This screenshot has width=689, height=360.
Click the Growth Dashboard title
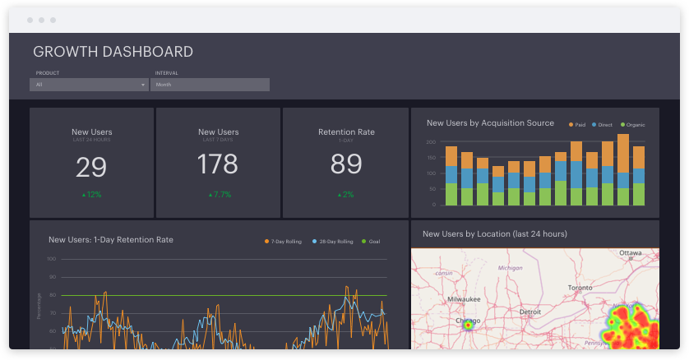click(x=113, y=52)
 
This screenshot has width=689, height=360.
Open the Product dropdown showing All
click(x=89, y=85)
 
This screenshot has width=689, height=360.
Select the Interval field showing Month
click(x=210, y=85)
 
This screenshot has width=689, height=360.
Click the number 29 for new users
click(x=91, y=167)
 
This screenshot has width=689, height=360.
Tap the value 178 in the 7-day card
click(x=218, y=165)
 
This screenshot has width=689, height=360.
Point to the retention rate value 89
click(x=346, y=165)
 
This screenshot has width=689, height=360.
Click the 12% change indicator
click(x=92, y=195)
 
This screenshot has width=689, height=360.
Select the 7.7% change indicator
click(x=219, y=195)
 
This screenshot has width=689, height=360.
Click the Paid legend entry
click(x=576, y=125)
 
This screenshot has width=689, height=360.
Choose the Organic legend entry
click(x=631, y=125)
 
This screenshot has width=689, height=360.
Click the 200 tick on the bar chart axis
click(x=430, y=142)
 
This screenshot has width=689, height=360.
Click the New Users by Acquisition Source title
click(x=490, y=123)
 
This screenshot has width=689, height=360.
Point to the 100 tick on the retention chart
click(x=51, y=259)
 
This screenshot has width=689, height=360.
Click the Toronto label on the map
click(x=580, y=288)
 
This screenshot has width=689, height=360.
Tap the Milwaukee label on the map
click(x=463, y=299)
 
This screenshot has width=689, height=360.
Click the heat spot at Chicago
click(x=468, y=325)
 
